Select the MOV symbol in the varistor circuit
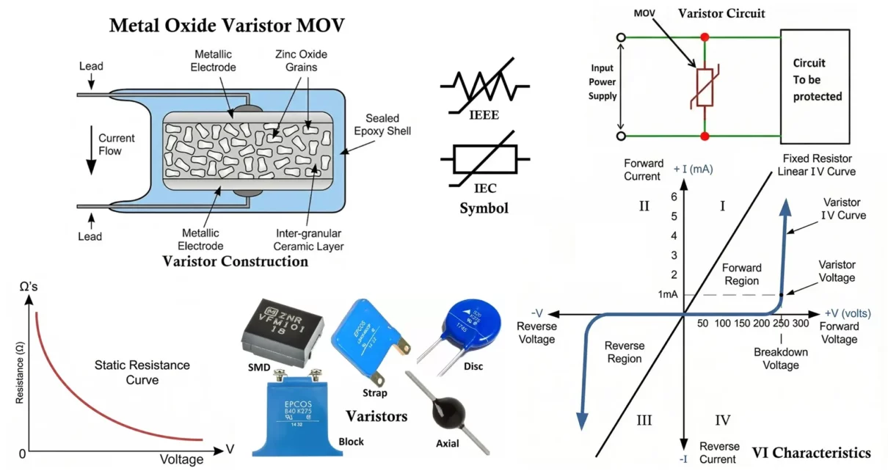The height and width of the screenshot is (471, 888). (705, 87)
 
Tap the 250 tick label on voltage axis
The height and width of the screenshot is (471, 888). (781, 324)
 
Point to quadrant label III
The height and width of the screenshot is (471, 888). (644, 420)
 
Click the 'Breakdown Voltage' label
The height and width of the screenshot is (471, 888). (781, 358)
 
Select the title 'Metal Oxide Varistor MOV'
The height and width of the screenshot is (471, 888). (227, 25)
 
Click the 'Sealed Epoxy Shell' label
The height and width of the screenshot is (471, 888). (382, 125)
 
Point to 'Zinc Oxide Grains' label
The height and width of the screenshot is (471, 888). (301, 61)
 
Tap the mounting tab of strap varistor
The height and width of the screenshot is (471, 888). (378, 379)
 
